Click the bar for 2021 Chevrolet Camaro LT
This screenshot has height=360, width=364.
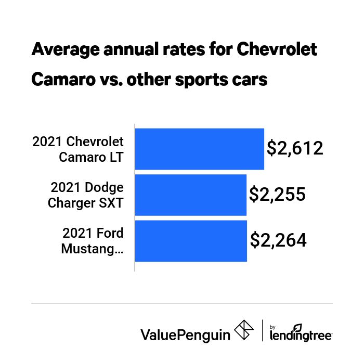click(199, 149)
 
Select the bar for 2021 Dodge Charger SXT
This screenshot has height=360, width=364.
click(190, 195)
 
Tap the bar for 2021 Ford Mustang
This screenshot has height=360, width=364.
click(191, 240)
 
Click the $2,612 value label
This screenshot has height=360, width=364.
click(295, 148)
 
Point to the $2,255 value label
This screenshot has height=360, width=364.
click(277, 194)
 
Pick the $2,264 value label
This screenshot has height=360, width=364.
click(278, 240)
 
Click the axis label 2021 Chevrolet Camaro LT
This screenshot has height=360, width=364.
click(78, 149)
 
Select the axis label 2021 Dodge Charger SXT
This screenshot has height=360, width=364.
click(86, 195)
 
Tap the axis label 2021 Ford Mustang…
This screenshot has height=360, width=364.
click(93, 240)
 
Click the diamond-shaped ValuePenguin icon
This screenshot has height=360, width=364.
click(244, 330)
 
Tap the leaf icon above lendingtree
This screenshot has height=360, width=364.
click(297, 327)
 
